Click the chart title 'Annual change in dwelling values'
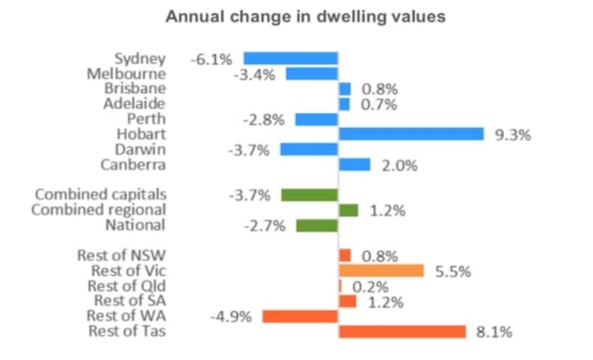point(305,16)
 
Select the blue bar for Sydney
point(290,58)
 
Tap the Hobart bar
point(411,134)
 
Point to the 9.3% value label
point(513,136)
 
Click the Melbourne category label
point(126,74)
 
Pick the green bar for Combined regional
point(348,210)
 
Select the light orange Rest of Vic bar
point(381,271)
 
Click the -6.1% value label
point(211,59)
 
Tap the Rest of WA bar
point(300,317)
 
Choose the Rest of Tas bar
point(402,332)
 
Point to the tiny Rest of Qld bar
point(340,286)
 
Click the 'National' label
point(135,225)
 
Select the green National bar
point(317,226)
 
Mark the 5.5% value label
point(453,272)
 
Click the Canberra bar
point(354,165)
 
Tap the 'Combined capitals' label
point(101,194)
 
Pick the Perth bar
point(316,120)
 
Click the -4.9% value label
point(231,317)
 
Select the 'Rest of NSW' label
point(121,255)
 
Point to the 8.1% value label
point(494,333)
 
